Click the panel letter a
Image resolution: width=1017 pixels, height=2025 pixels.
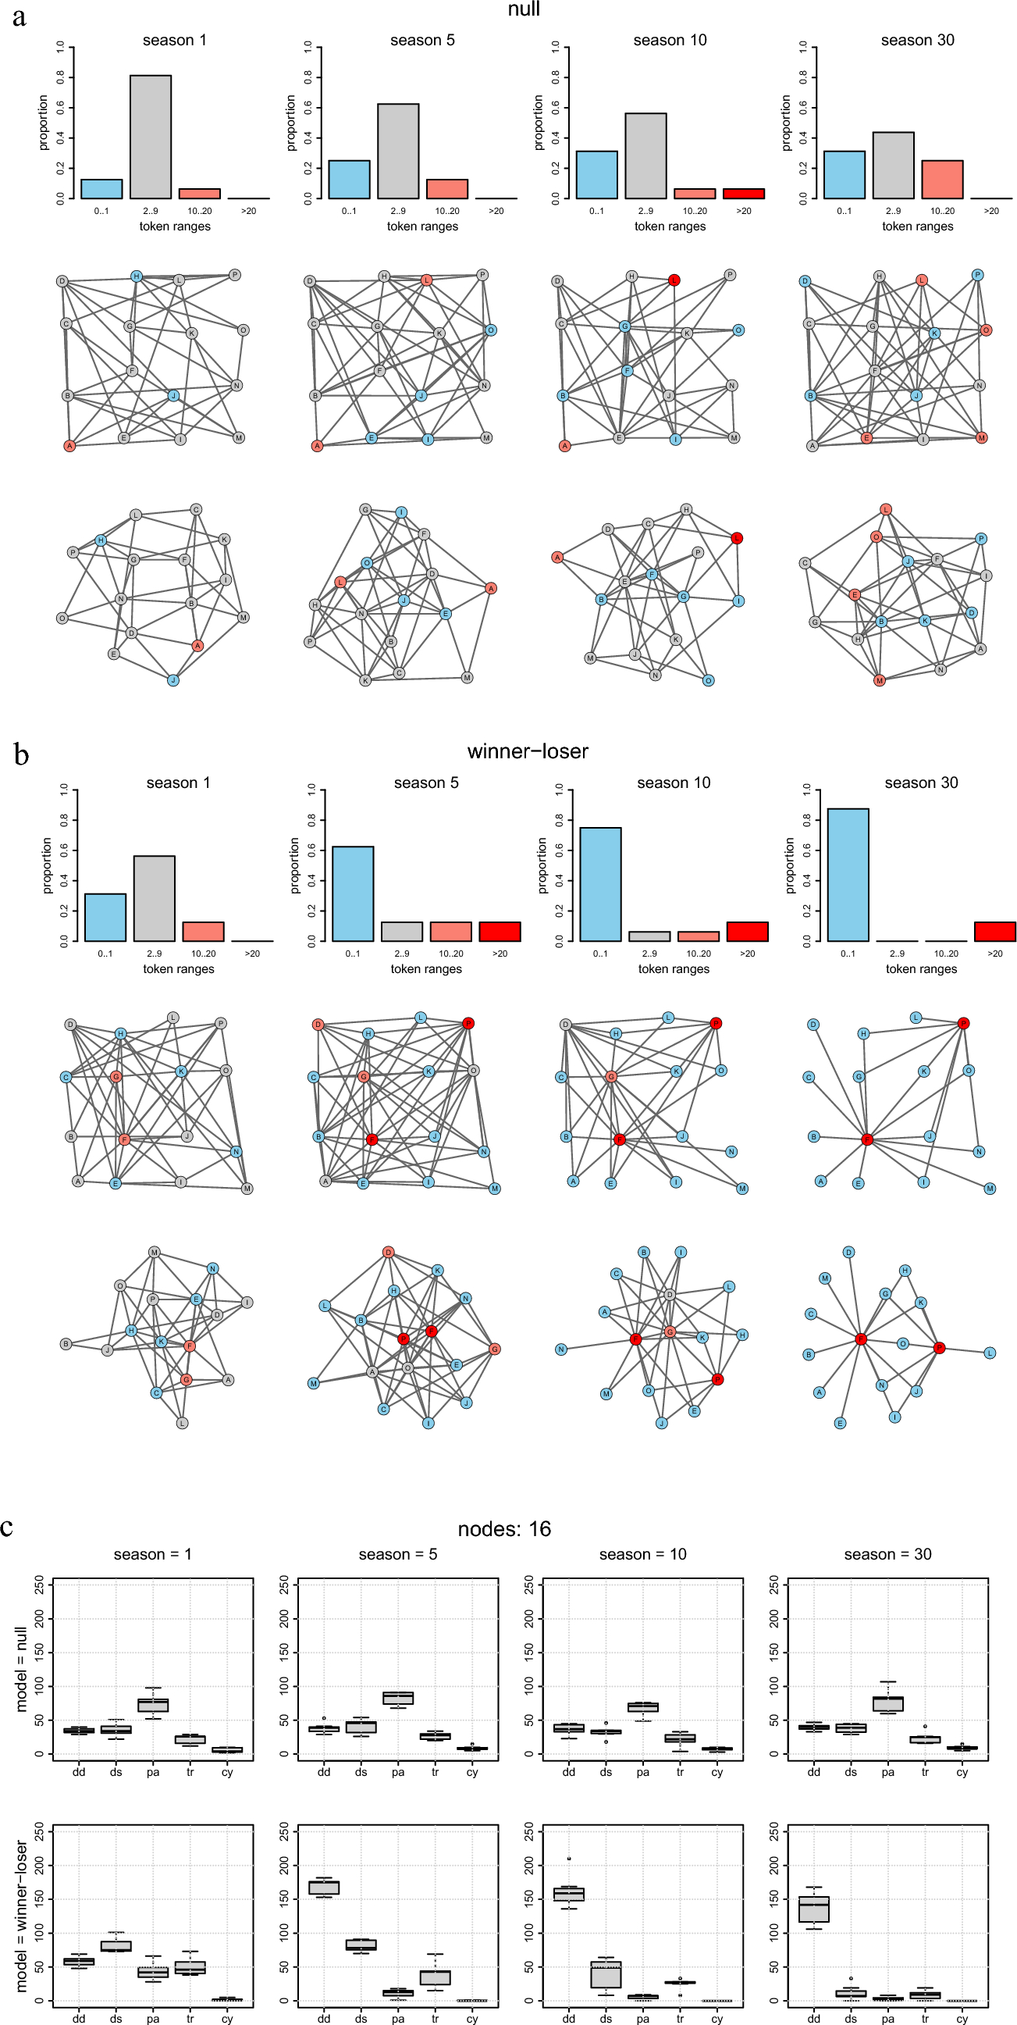pos(19,16)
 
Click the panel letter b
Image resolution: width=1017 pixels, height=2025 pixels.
pos(21,754)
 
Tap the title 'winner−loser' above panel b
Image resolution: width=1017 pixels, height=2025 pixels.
pos(528,751)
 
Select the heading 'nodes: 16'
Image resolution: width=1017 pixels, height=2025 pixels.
pos(503,1529)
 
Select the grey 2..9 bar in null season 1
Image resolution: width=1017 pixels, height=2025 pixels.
pos(150,137)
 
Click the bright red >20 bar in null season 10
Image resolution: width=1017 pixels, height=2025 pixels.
pos(743,194)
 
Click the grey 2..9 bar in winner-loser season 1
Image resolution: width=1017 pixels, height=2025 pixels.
pos(154,898)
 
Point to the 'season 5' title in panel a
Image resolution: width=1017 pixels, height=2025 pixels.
pos(422,40)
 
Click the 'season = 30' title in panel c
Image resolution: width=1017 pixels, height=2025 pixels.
pos(887,1555)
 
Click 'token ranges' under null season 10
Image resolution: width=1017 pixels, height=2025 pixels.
pos(670,226)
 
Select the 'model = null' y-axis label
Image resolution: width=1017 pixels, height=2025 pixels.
pos(21,1670)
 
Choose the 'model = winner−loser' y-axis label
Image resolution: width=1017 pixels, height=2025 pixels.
pos(21,1916)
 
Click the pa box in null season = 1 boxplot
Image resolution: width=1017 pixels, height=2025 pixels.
pos(152,1705)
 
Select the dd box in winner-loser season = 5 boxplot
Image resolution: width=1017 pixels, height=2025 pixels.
pos(324,1888)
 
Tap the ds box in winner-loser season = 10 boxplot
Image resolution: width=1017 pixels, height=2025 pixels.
pos(605,1974)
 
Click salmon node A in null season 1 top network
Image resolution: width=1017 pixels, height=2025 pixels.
pos(69,446)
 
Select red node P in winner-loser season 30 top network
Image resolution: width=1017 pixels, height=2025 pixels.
pos(963,1024)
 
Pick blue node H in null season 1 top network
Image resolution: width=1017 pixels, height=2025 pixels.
pos(136,276)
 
